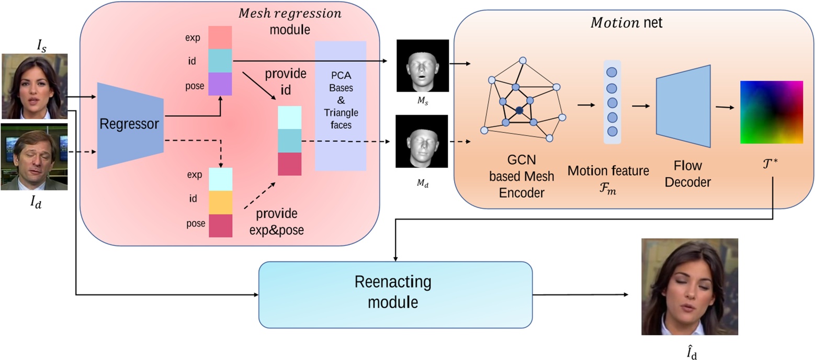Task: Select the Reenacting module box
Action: pyautogui.click(x=395, y=294)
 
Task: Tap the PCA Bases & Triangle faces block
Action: pyautogui.click(x=341, y=106)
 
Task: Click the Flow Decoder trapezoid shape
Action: pyautogui.click(x=683, y=106)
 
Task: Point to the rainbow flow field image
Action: pyautogui.click(x=771, y=112)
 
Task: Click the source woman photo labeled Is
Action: pyautogui.click(x=35, y=86)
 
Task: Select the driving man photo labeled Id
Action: pyautogui.click(x=35, y=157)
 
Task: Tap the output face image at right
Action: pyautogui.click(x=689, y=287)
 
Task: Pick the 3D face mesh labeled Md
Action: pyautogui.click(x=422, y=141)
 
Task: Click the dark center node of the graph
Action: pyautogui.click(x=519, y=110)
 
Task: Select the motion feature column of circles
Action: pyautogui.click(x=612, y=102)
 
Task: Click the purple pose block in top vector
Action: pyautogui.click(x=220, y=84)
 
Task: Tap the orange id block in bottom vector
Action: pyautogui.click(x=220, y=203)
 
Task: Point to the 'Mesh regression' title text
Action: pyautogui.click(x=289, y=14)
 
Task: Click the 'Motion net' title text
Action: pyautogui.click(x=626, y=23)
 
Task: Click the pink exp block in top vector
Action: pyautogui.click(x=220, y=38)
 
